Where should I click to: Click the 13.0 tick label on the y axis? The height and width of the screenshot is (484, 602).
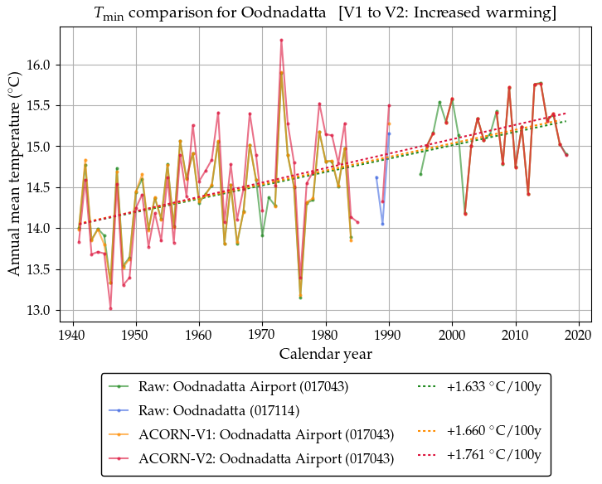40,310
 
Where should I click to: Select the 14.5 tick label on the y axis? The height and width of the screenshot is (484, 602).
40,188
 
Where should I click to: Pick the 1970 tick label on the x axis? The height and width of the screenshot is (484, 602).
262,335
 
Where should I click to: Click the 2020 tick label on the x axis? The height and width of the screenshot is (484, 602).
578,335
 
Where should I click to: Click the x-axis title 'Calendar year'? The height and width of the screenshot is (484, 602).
325,354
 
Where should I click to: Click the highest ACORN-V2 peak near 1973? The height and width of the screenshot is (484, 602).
281,40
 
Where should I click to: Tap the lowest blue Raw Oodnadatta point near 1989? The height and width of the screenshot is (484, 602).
382,224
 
